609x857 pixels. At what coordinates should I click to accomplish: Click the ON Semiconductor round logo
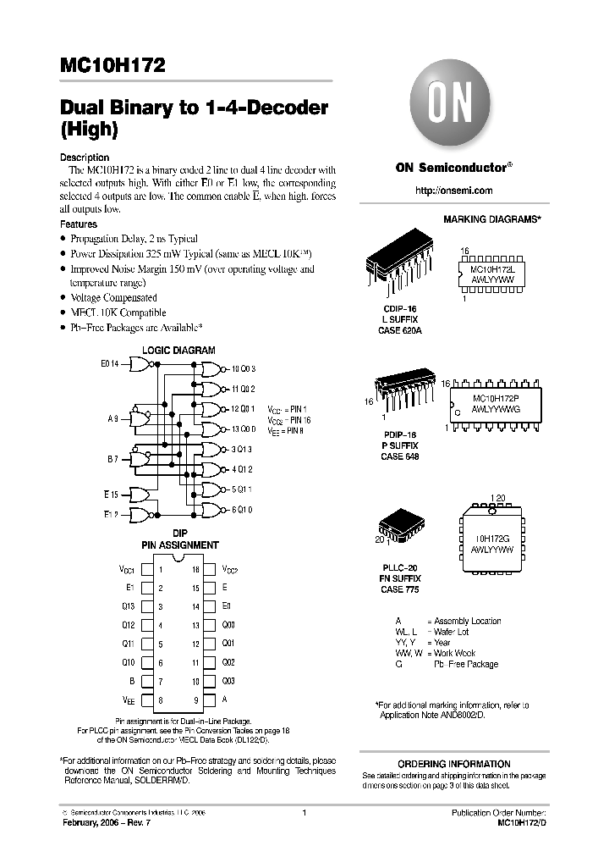tap(453, 102)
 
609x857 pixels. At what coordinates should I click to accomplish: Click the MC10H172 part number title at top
tap(112, 65)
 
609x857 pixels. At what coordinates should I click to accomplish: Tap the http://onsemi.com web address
tap(453, 191)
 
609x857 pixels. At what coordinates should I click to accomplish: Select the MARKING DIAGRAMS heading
tap(491, 218)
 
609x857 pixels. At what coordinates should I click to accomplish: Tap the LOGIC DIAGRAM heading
tap(178, 350)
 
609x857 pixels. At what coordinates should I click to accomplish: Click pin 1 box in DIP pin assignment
tap(147, 570)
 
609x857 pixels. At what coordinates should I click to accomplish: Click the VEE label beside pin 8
tap(128, 700)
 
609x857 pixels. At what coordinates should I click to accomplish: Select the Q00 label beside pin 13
tap(228, 625)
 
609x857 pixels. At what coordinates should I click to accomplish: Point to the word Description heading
tap(85, 158)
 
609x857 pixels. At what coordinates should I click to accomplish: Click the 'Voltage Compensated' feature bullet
tap(113, 298)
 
